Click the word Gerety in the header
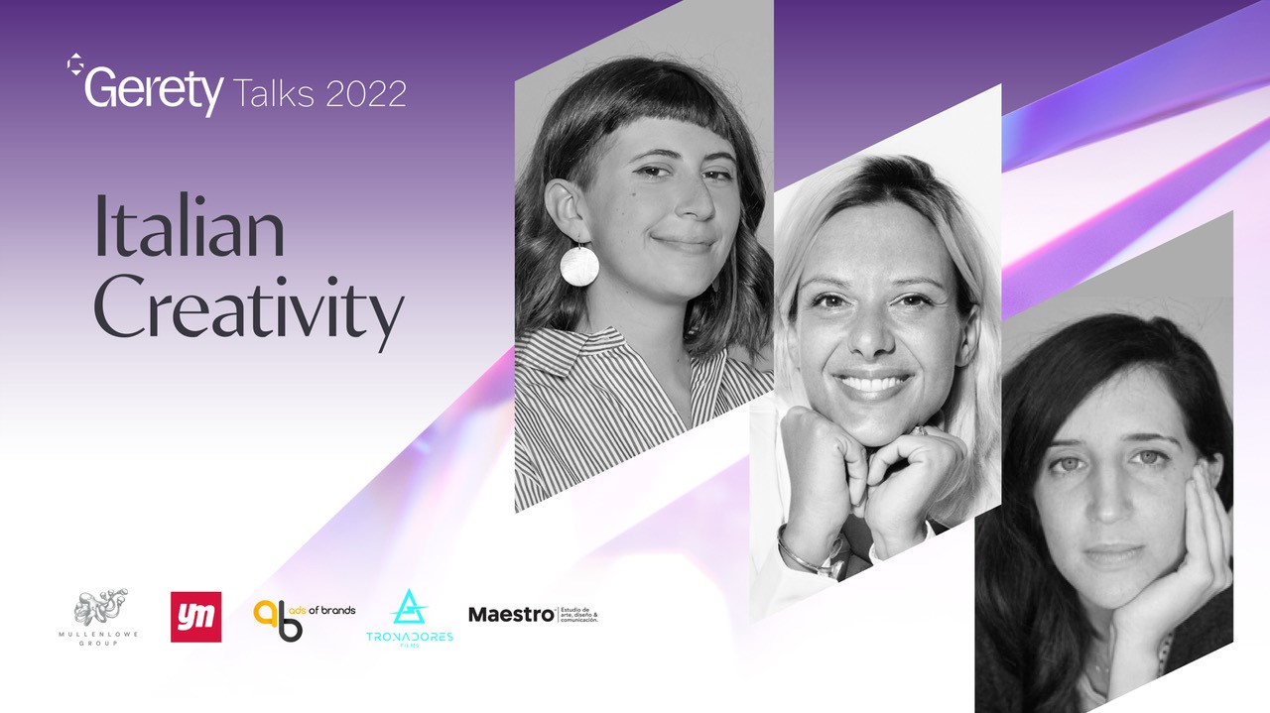(154, 91)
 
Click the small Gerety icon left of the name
(73, 64)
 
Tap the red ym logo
(195, 617)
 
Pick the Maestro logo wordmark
(511, 615)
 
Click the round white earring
(579, 265)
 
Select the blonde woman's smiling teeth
(874, 381)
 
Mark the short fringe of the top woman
(635, 119)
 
